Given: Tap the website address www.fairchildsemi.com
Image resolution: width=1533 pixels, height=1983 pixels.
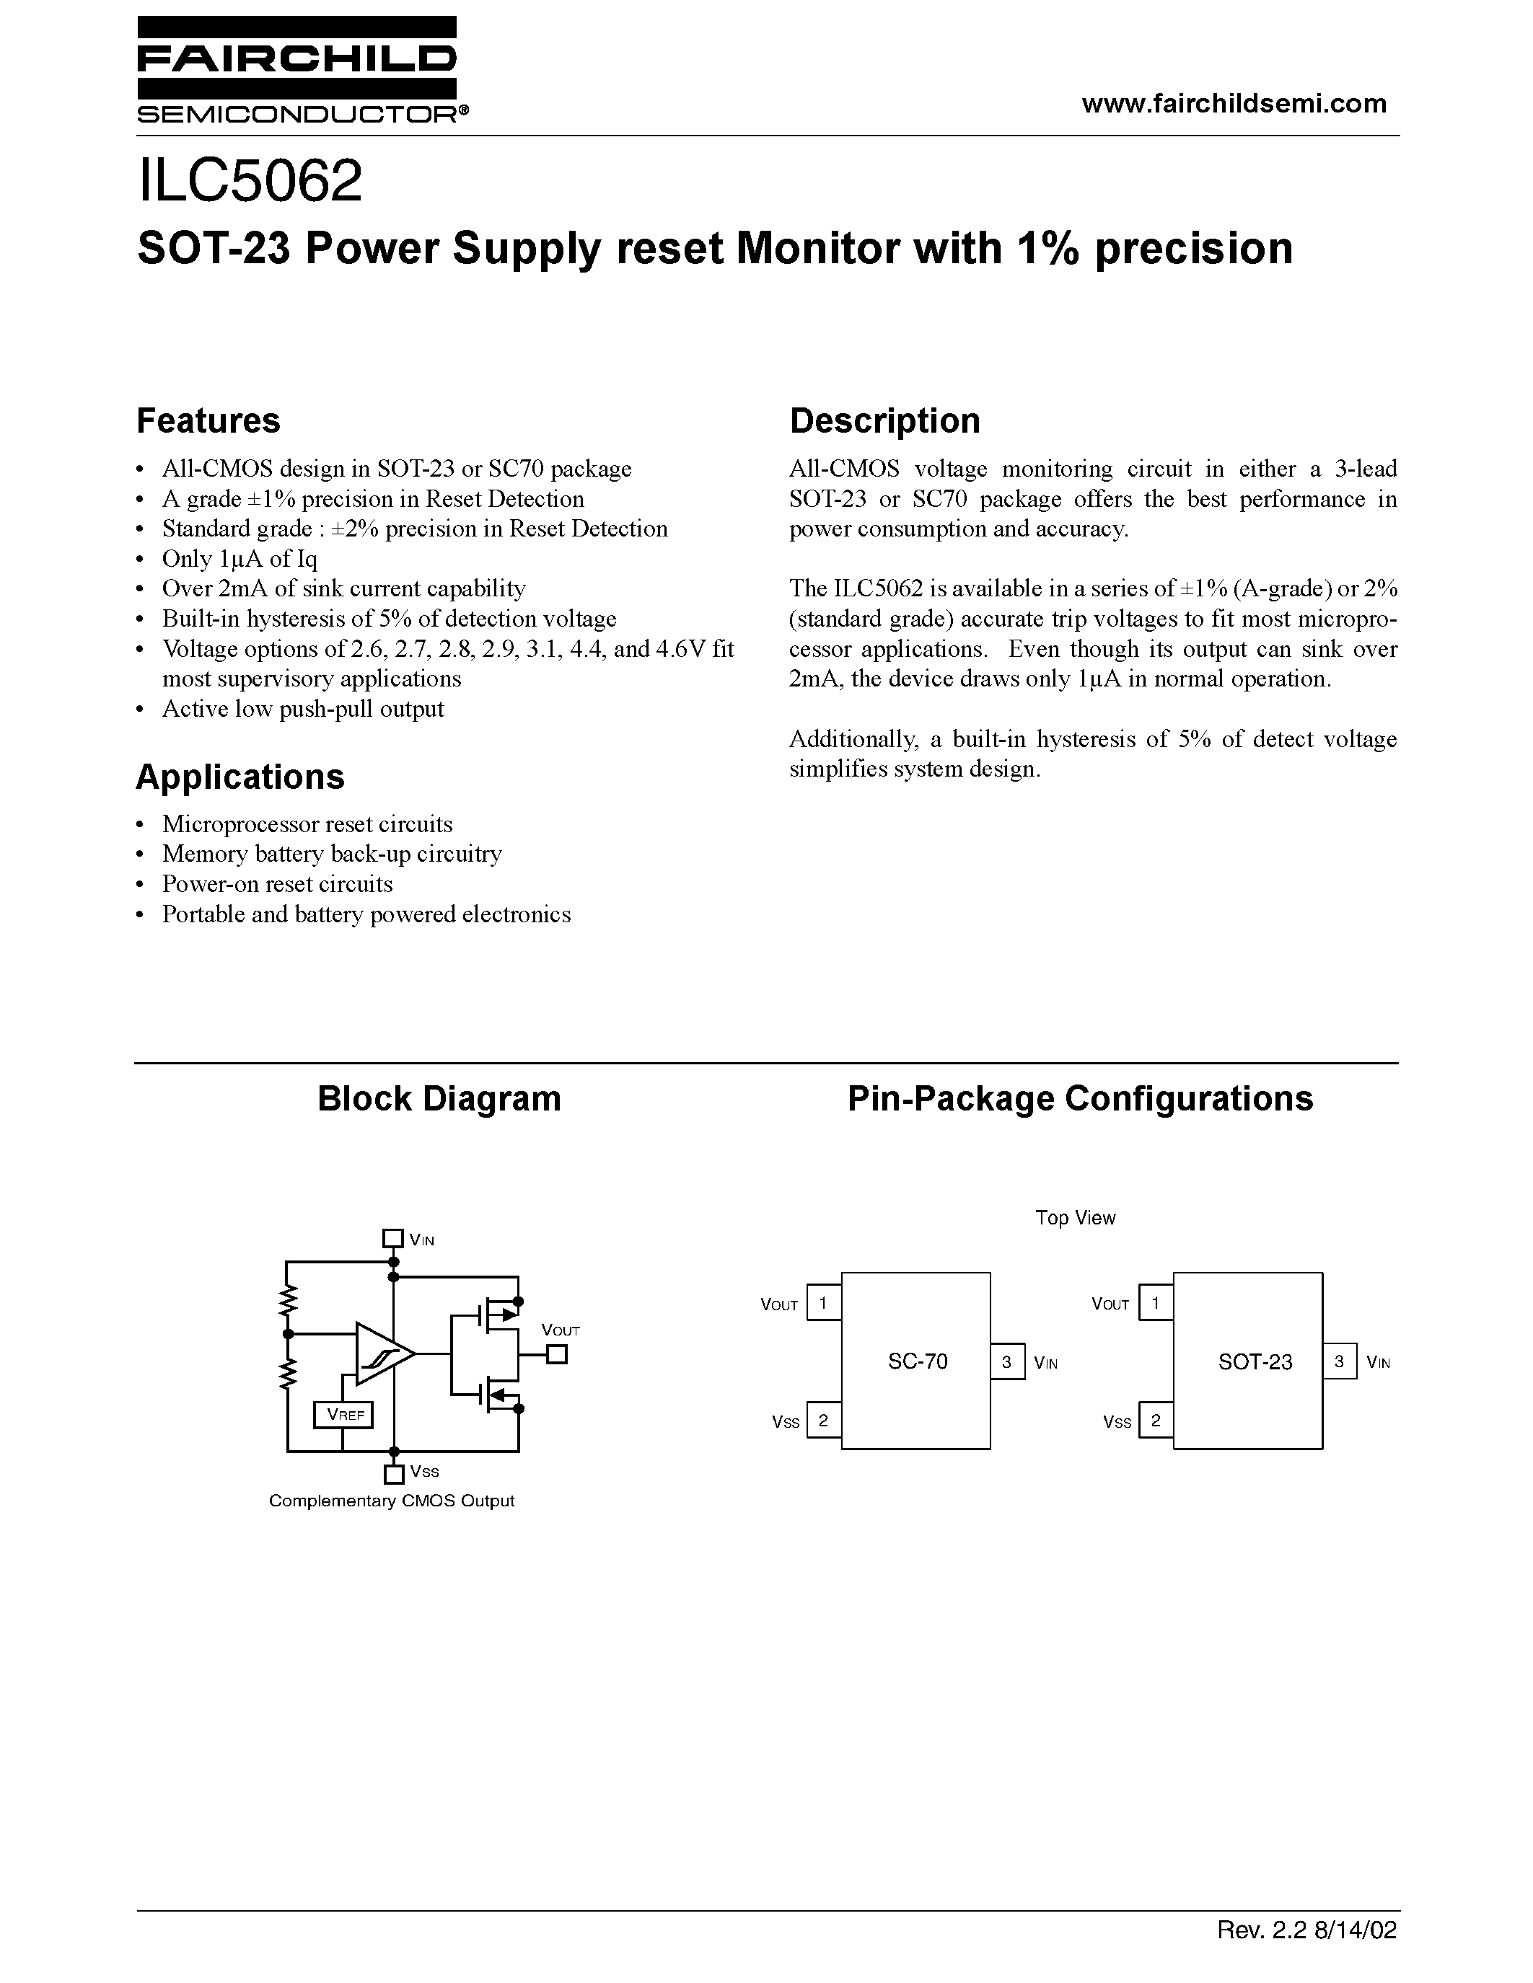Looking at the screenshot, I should tap(1234, 104).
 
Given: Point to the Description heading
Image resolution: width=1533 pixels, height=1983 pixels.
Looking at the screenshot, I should tap(884, 420).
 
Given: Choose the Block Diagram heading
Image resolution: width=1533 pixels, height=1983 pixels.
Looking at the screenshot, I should tap(439, 1098).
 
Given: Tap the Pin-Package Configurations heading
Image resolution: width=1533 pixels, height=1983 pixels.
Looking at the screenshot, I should tap(1080, 1098).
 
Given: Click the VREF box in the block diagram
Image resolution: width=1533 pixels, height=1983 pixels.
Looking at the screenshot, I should tap(343, 1415).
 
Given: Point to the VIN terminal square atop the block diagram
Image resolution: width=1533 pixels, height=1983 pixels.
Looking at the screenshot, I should tap(392, 1238).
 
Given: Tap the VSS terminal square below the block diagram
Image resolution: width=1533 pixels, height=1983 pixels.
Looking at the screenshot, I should tap(393, 1475).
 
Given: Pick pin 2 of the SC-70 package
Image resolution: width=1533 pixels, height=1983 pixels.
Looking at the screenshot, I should tap(823, 1420).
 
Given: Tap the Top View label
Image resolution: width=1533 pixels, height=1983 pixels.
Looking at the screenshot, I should tap(1076, 1218).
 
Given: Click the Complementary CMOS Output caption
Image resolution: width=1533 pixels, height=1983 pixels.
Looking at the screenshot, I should tap(392, 1501).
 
